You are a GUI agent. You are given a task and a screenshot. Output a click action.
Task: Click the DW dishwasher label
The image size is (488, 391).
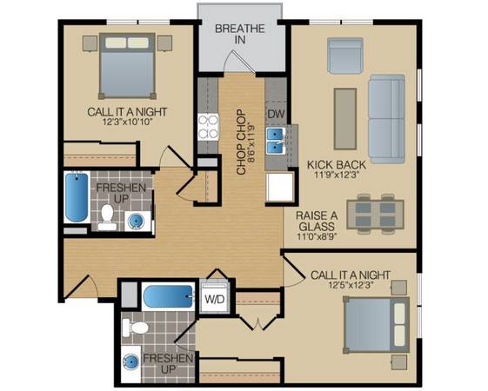pos(277,114)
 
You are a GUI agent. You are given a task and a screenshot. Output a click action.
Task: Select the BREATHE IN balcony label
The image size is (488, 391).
pos(240,34)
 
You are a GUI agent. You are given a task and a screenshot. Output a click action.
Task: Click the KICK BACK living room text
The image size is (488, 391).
pos(337,164)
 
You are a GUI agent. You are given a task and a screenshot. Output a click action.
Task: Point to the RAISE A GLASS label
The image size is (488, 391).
pos(317,221)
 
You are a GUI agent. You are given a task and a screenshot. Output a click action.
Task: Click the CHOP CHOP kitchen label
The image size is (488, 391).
pos(241,142)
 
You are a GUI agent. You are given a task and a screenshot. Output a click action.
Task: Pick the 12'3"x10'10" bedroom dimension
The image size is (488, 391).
pos(127,122)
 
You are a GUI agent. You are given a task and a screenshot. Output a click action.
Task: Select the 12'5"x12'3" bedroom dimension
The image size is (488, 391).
pos(351,285)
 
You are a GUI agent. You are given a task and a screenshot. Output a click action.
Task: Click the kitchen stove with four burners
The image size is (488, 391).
pos(208,127)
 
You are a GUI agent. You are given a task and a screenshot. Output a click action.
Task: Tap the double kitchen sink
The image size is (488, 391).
pos(276,141)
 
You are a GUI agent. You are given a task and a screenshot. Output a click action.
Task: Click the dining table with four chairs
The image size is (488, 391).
pos(375,214)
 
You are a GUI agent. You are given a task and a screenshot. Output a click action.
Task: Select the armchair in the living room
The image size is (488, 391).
pos(345,56)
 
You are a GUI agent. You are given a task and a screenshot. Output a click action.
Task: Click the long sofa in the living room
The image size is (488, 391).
pos(386,119)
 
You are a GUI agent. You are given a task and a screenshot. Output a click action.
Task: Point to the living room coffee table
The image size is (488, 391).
pos(345,119)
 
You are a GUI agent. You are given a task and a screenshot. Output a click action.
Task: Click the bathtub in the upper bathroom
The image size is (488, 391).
pos(77,197)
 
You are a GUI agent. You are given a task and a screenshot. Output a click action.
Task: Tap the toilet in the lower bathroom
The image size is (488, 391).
pos(135,328)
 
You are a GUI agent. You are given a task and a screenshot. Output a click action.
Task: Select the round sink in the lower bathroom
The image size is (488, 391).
pos(130,362)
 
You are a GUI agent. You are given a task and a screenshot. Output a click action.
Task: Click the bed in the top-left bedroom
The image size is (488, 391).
pos(127,66)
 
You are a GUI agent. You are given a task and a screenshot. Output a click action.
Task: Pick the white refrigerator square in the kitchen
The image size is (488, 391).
pos(280,187)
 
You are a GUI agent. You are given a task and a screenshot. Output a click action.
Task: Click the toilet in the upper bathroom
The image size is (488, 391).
pos(107,217)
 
